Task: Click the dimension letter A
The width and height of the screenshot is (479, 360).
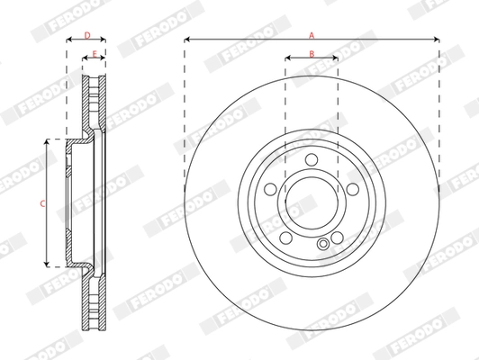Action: pyautogui.click(x=312, y=34)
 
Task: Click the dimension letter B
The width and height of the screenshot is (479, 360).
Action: pyautogui.click(x=312, y=55)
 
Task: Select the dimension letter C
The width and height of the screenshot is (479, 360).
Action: pyautogui.click(x=42, y=204)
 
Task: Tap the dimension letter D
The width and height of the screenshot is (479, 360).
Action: pyautogui.click(x=86, y=35)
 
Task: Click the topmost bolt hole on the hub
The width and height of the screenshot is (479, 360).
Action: pyautogui.click(x=312, y=160)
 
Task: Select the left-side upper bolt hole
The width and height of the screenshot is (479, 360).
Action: pyautogui.click(x=270, y=191)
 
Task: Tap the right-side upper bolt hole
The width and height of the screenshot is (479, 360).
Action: pyautogui.click(x=353, y=191)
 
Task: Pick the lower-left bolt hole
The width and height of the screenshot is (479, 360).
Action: pyautogui.click(x=286, y=238)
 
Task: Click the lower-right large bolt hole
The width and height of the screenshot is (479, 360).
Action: pyautogui.click(x=338, y=238)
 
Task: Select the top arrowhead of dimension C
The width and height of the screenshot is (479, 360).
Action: pyautogui.click(x=48, y=142)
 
